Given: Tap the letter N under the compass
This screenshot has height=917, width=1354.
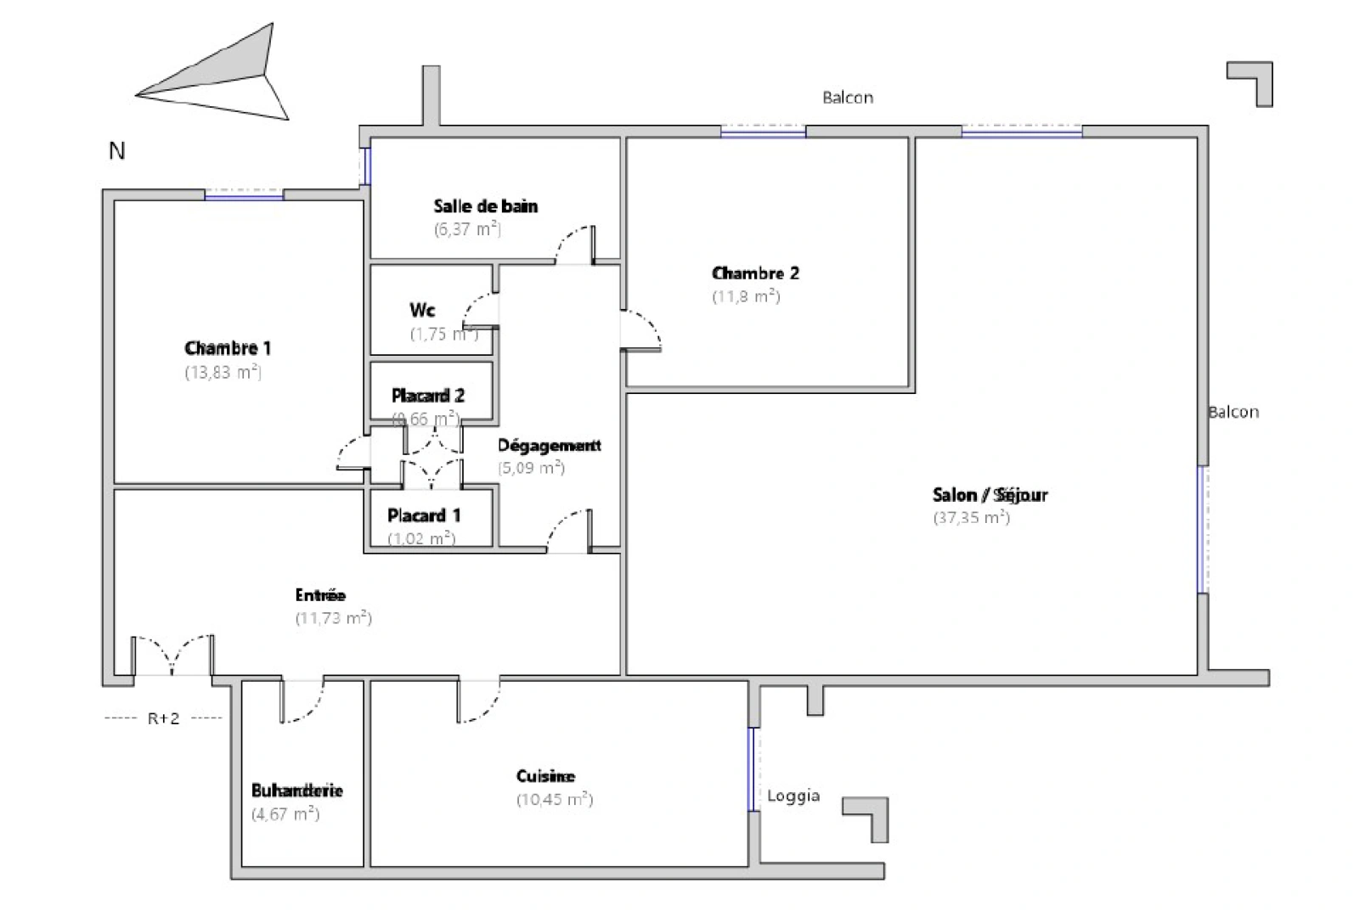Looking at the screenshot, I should [117, 151].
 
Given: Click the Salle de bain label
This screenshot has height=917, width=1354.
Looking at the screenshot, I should [485, 206].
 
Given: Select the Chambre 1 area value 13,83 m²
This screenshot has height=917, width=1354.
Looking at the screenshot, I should [223, 372].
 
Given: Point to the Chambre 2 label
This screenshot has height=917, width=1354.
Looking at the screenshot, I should [754, 273].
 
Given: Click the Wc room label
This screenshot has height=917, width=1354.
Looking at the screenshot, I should [422, 310].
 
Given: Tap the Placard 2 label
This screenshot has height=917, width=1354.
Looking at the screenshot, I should [428, 396].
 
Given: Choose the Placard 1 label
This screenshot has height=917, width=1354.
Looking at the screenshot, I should [424, 515].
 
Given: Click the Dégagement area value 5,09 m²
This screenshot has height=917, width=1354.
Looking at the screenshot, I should [531, 468].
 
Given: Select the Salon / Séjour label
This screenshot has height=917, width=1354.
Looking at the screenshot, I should [990, 495].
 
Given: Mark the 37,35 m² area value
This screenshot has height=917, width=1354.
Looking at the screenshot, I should [971, 518].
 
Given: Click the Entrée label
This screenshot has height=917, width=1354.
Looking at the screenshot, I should [320, 595].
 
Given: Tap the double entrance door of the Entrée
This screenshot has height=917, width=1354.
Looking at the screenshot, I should [172, 655].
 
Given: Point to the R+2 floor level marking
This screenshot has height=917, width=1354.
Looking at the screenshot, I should [164, 719].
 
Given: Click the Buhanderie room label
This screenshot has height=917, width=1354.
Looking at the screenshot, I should [297, 790].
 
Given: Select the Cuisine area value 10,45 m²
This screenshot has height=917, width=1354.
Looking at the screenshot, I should [555, 800].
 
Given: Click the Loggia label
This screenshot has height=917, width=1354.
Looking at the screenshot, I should [793, 796].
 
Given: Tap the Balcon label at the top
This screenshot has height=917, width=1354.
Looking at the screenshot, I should [847, 98].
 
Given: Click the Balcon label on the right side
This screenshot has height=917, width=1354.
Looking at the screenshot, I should [1233, 412].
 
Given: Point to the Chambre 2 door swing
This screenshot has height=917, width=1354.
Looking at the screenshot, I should [642, 330].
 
